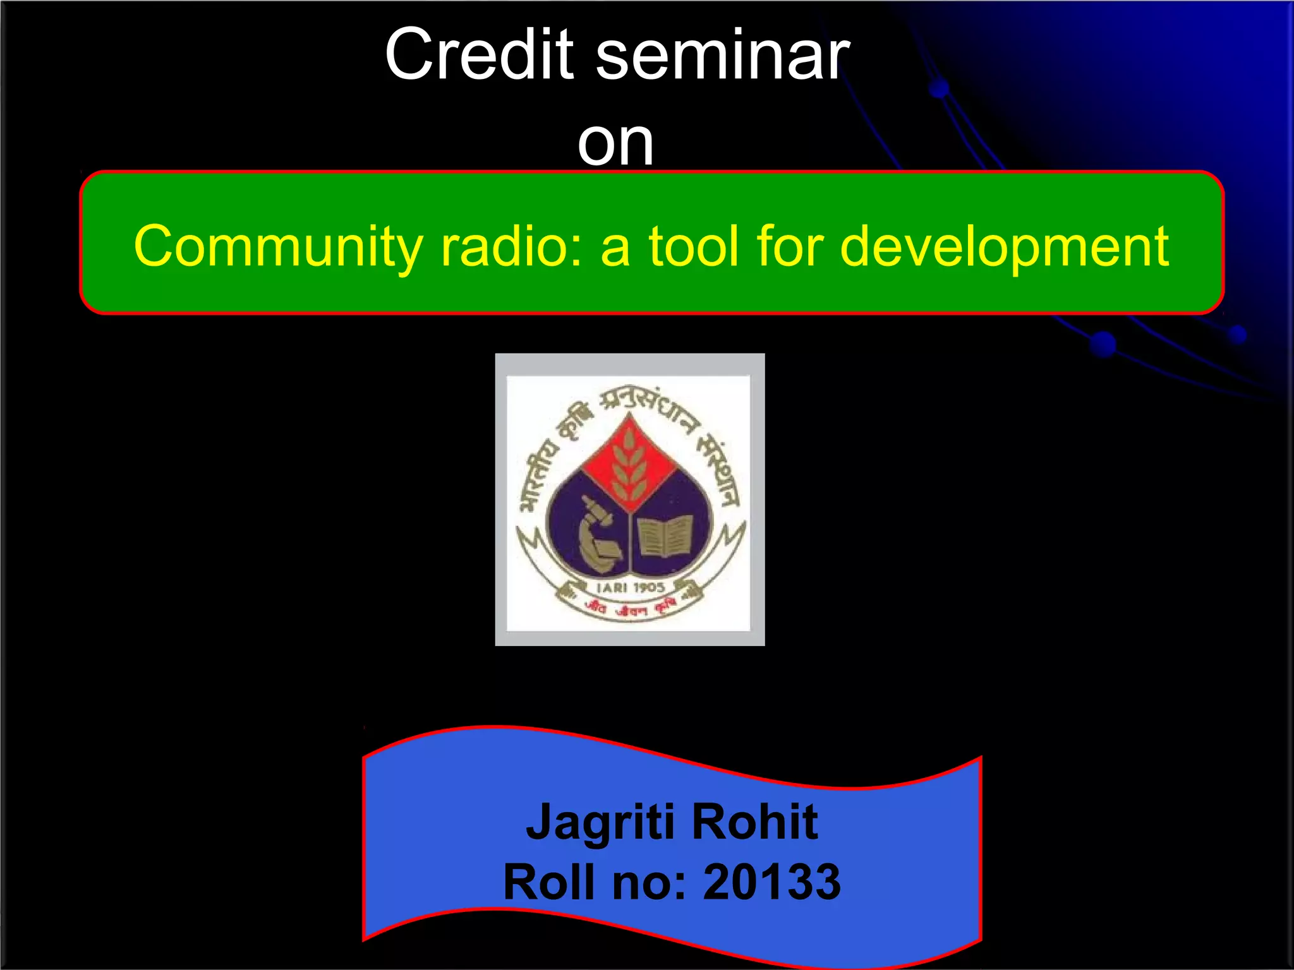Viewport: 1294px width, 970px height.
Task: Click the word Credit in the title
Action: pos(479,56)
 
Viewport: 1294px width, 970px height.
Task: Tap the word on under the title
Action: pos(615,144)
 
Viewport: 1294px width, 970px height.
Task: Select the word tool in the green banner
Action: pos(693,246)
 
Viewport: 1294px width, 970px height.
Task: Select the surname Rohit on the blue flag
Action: pos(755,822)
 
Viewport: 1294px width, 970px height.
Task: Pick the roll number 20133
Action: pos(772,882)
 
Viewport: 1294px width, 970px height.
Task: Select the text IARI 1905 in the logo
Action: pos(631,587)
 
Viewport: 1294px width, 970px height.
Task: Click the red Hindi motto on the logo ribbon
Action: pos(631,608)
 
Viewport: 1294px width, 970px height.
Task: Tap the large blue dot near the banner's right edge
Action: pos(1103,344)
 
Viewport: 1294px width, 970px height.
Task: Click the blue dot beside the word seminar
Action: pos(940,88)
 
